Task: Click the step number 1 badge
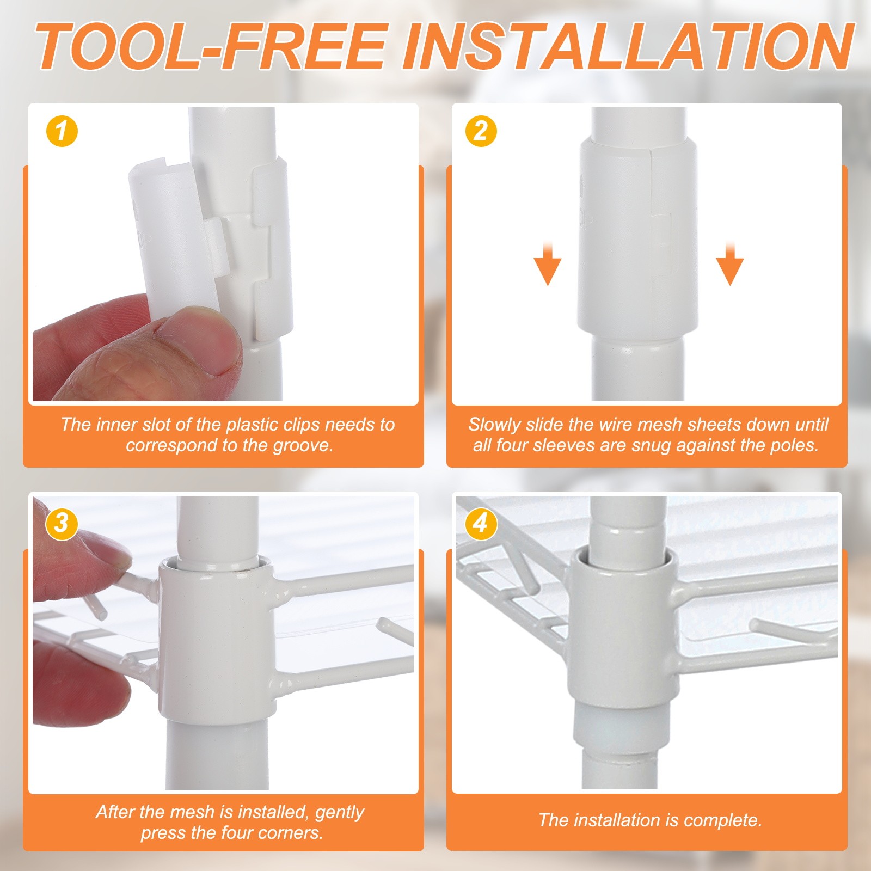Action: pos(62,131)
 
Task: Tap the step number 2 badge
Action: pos(481,131)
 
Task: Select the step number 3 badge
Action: pos(62,524)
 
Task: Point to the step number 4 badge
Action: pos(481,524)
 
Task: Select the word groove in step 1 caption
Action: pos(301,445)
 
